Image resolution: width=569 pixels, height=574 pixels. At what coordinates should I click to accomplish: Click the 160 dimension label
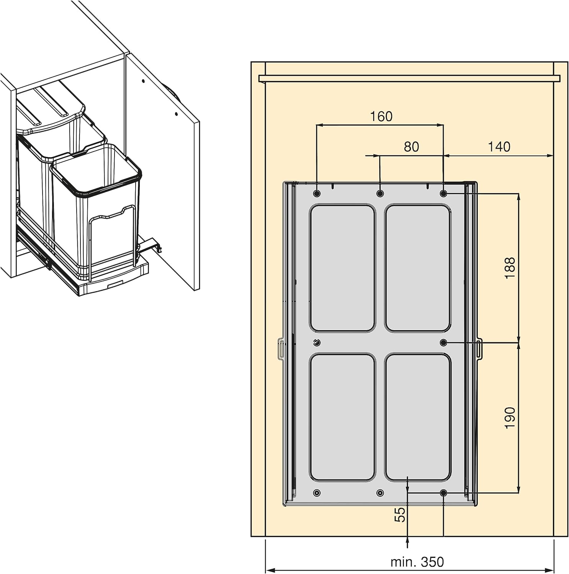pos(381,116)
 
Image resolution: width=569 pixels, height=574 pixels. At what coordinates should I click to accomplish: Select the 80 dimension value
pos(411,147)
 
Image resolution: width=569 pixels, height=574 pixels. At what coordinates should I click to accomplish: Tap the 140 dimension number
pos(499,147)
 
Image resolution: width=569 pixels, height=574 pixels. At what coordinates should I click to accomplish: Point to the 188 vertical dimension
pos(510,268)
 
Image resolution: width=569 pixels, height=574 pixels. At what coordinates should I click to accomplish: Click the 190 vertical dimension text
pos(510,417)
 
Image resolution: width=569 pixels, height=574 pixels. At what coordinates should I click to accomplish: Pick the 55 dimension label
pos(399,515)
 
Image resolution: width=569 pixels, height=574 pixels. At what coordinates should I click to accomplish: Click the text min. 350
pos(417,562)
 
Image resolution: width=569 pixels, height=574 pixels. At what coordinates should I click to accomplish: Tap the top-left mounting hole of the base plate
pos(317,194)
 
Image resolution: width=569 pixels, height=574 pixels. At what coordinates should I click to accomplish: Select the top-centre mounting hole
pos(380,194)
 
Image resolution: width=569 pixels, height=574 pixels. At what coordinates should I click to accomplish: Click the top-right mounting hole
pos(443,194)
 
